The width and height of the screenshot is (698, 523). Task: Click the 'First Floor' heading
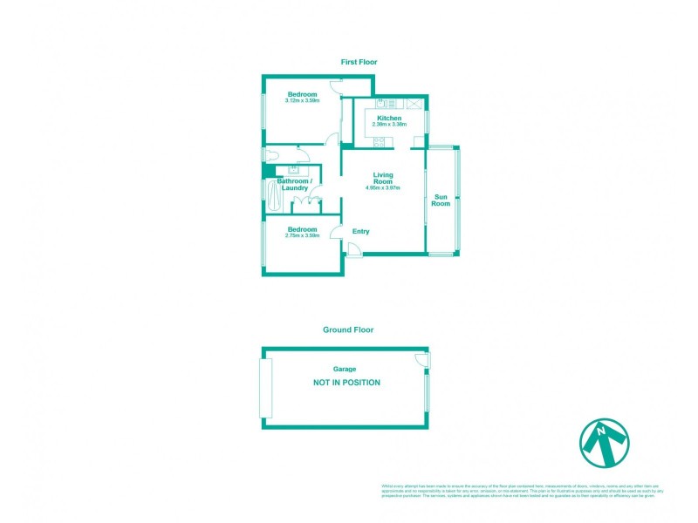pos(358,62)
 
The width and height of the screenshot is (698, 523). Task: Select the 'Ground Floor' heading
pos(348,330)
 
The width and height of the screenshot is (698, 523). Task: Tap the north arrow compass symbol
pos(605,442)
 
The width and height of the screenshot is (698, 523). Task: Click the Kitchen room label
pos(389,118)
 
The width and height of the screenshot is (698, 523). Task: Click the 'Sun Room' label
pos(442,200)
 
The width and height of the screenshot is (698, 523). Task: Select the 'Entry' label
pos(360,231)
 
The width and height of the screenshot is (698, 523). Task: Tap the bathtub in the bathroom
pos(275,197)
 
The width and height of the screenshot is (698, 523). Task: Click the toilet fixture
pos(273,155)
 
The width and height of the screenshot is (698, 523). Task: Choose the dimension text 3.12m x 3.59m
pos(302,101)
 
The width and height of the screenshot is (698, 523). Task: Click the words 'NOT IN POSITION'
pos(347,383)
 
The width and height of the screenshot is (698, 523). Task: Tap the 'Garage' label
pos(344,369)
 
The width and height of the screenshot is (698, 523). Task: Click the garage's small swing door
pos(422,359)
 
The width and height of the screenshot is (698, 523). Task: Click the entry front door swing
pos(353,250)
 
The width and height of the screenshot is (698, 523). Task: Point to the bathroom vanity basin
pos(294,171)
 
